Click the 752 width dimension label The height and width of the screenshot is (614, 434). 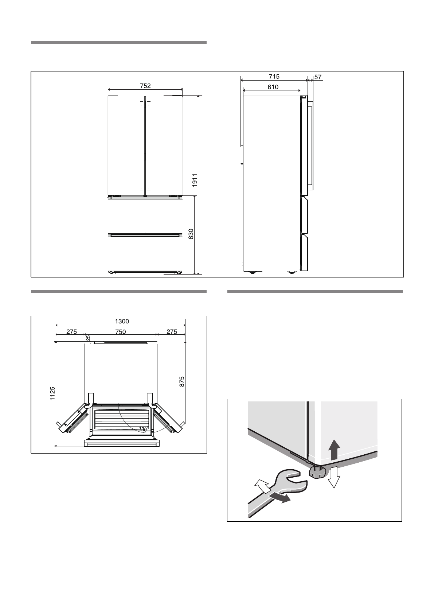click(145, 86)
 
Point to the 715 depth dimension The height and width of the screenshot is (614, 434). click(274, 76)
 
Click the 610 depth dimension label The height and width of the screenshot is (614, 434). click(273, 87)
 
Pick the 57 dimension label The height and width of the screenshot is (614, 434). click(318, 77)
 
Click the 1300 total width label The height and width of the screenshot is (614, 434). click(122, 321)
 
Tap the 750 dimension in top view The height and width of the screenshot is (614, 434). click(120, 331)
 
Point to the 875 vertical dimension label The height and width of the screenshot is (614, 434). click(182, 382)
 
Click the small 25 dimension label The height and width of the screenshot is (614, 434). click(88, 338)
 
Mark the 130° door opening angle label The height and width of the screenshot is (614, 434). click(142, 429)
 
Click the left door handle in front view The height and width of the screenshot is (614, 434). click(140, 146)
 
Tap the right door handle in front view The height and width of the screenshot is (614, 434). click(149, 146)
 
